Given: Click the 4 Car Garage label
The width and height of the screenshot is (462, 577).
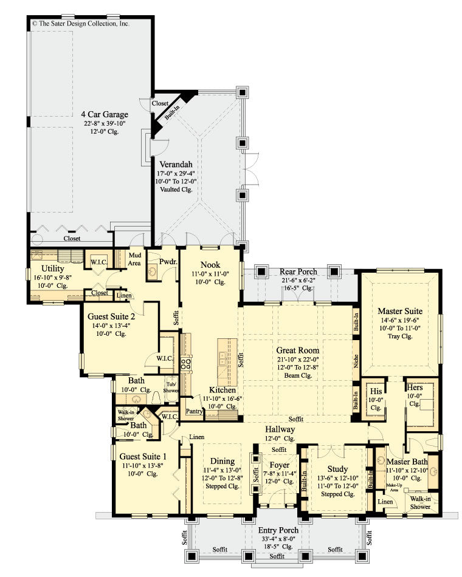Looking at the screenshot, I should pyautogui.click(x=105, y=114).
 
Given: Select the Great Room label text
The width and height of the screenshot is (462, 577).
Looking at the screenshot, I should pyautogui.click(x=297, y=350).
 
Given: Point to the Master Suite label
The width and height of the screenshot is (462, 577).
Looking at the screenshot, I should pyautogui.click(x=399, y=310).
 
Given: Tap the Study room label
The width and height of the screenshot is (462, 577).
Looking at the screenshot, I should pyautogui.click(x=337, y=469).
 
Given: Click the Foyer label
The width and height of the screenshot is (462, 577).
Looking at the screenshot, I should pyautogui.click(x=280, y=465).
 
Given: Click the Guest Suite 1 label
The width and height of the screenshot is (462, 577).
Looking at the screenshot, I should pyautogui.click(x=142, y=456).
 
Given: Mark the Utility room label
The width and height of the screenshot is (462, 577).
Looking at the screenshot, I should pyautogui.click(x=53, y=268).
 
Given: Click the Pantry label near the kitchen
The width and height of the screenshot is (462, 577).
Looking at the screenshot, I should pyautogui.click(x=194, y=411).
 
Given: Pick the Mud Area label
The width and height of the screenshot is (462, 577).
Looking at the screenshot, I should pyautogui.click(x=135, y=259).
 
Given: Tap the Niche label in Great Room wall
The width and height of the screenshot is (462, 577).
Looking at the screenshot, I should pyautogui.click(x=356, y=363).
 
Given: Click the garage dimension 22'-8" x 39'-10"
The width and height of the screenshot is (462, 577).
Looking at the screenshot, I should pyautogui.click(x=105, y=124).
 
